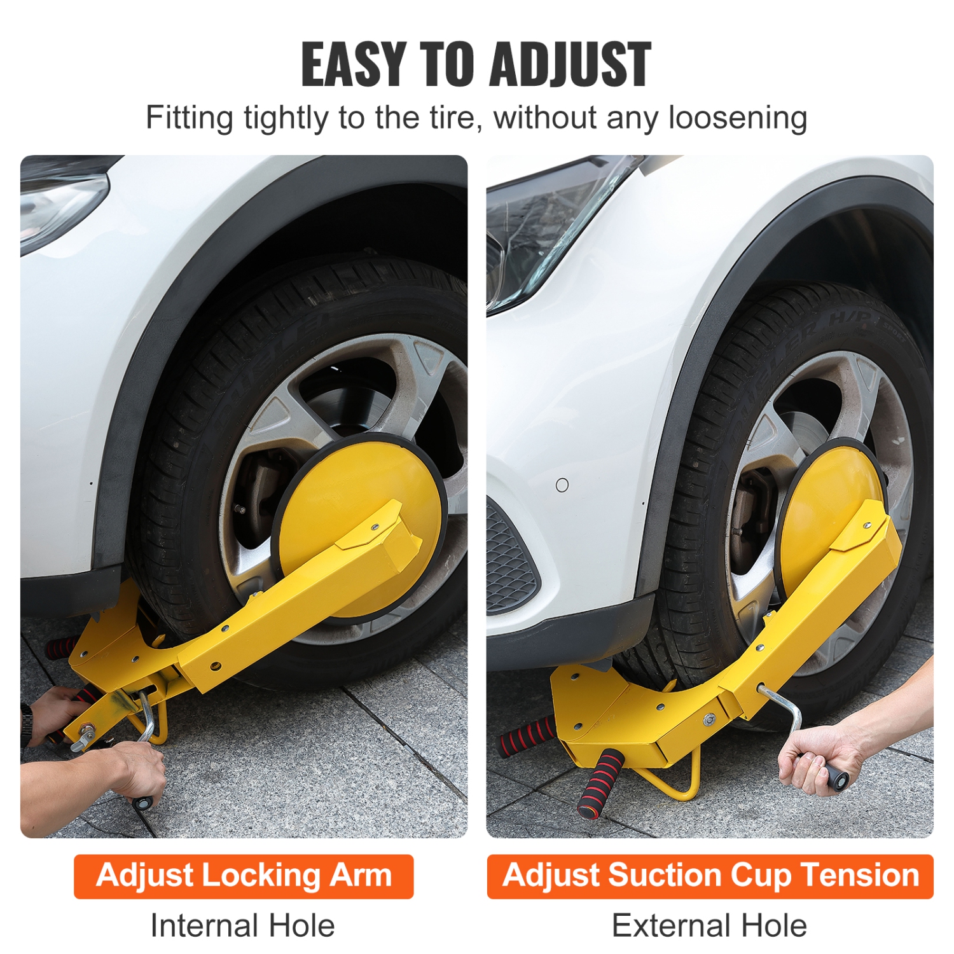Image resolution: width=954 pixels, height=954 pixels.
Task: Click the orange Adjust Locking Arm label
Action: click(244, 876)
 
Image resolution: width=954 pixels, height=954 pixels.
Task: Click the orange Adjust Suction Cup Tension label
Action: click(710, 876)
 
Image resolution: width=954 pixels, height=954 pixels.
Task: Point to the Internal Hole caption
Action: click(242, 925)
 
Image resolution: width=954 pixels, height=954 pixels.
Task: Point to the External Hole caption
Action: click(709, 925)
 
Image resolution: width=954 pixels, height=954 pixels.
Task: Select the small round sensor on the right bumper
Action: click(562, 485)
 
